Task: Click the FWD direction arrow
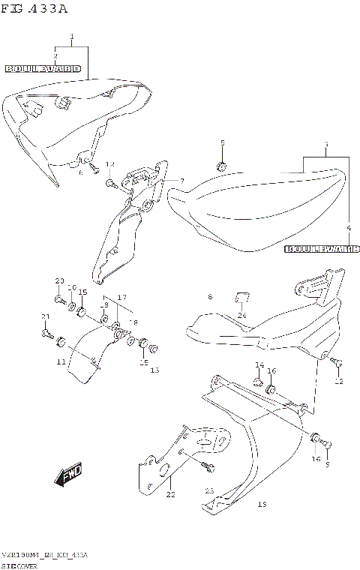[x=67, y=475]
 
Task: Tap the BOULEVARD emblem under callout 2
[x=43, y=68]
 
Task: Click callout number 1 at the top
[x=72, y=37]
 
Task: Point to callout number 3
[x=325, y=144]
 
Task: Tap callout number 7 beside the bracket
[x=181, y=181]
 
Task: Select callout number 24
[x=242, y=316]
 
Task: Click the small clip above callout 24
[x=242, y=297]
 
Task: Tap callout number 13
[x=155, y=370]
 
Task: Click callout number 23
[x=210, y=491]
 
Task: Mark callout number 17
[x=121, y=297]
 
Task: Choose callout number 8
[x=210, y=298]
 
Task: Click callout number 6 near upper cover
[x=81, y=172]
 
